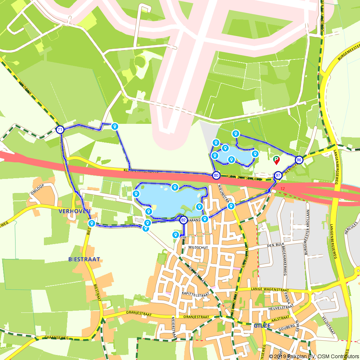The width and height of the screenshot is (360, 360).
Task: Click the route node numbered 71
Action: pos(60,130)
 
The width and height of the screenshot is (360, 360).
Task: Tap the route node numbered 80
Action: pos(216,176)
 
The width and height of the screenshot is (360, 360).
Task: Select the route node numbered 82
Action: pos(183,220)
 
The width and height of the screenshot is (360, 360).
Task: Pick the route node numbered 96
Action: pos(299,159)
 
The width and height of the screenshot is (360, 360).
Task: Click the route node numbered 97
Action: pos(278,175)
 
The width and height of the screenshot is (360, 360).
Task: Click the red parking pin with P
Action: pos(276,159)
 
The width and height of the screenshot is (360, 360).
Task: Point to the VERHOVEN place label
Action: pos(75,211)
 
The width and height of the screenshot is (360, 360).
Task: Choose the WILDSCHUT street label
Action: pos(198,248)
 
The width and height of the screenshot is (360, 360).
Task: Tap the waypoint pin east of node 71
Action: pos(115,126)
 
